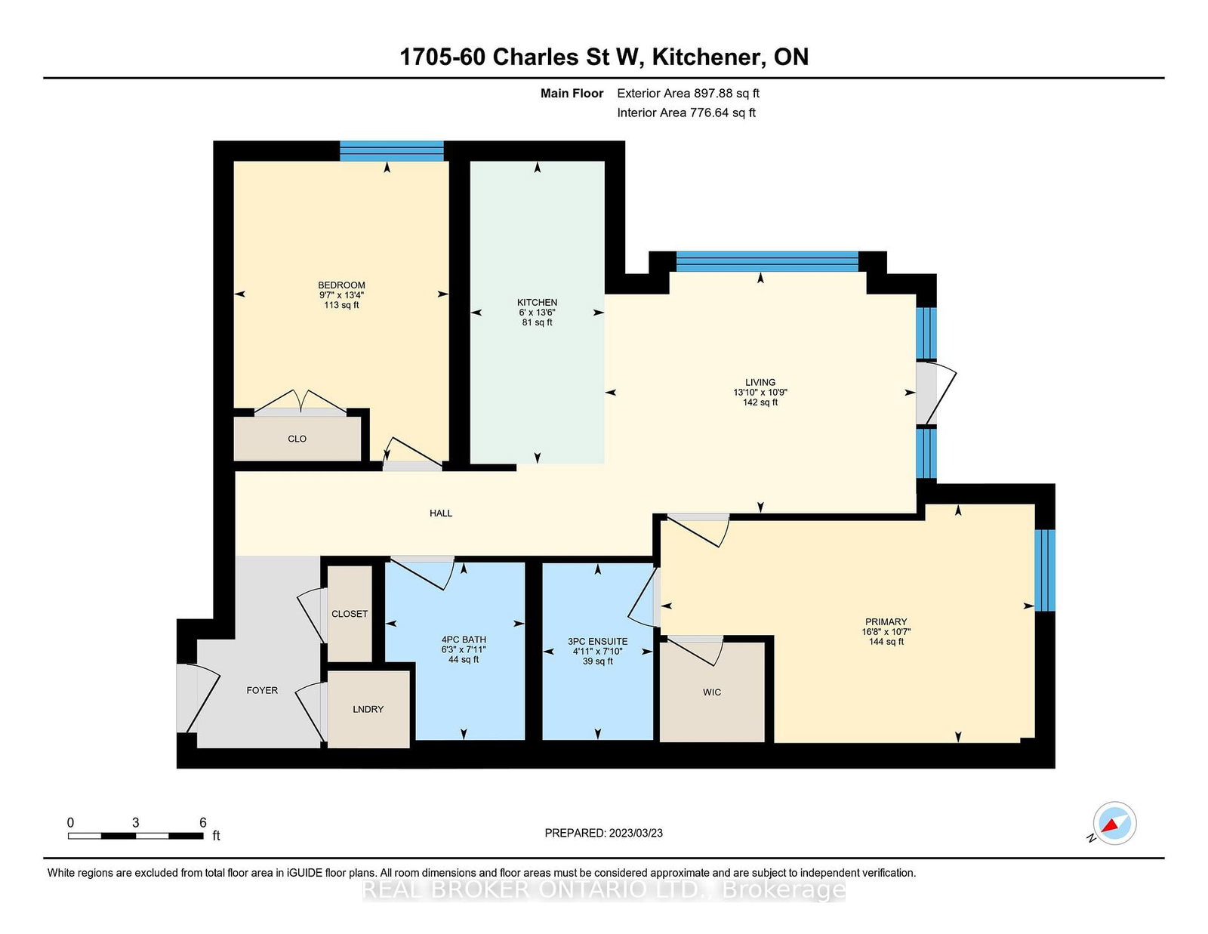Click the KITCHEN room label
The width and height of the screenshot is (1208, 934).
click(x=537, y=302)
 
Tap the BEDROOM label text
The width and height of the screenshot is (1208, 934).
click(x=341, y=285)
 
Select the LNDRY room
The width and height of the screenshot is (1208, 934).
click(x=368, y=709)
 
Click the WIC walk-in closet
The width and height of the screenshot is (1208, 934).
click(x=712, y=692)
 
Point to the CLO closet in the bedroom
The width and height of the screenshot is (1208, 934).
click(x=297, y=439)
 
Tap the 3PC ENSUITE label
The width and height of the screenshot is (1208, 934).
click(x=597, y=641)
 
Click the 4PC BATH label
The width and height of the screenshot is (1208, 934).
click(x=464, y=640)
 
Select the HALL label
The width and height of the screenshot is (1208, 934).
click(x=441, y=513)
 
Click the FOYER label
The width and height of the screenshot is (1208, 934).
click(x=262, y=690)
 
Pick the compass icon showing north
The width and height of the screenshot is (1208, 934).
click(x=1114, y=824)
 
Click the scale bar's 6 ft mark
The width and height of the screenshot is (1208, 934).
click(x=202, y=823)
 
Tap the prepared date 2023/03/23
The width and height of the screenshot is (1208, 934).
click(x=603, y=833)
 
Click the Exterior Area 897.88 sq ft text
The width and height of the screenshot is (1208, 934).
click(x=688, y=94)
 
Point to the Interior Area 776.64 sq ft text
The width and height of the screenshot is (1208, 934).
click(x=686, y=113)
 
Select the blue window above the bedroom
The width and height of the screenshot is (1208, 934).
click(x=391, y=151)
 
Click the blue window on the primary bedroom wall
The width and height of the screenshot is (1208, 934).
click(x=1044, y=570)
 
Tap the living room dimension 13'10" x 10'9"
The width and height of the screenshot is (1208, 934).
click(x=760, y=393)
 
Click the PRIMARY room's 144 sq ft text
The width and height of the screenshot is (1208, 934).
click(x=886, y=642)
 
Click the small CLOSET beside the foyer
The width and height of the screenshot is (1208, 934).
click(x=350, y=614)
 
